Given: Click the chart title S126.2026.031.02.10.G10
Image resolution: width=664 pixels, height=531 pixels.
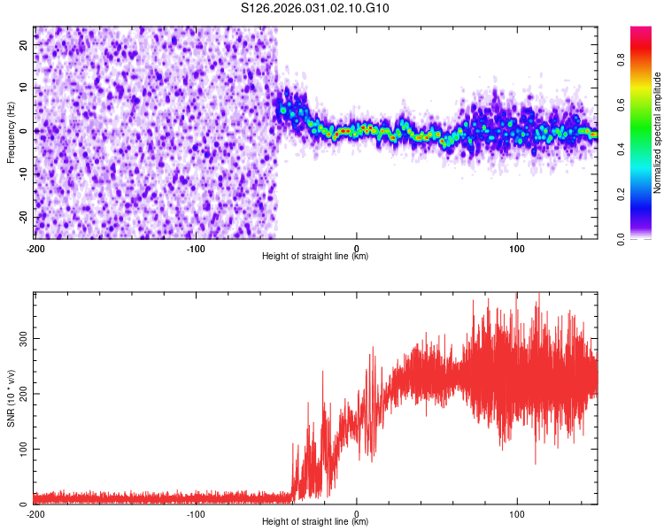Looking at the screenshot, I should [x=316, y=8].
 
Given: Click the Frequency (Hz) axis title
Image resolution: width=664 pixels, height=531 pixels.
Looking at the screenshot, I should [x=11, y=131].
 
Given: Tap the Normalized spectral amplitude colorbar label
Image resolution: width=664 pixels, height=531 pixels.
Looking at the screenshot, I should [x=658, y=133].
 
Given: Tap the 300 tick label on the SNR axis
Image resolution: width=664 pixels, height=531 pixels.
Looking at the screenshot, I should [x=23, y=338].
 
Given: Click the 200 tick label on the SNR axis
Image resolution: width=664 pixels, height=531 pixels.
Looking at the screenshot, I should [x=23, y=394].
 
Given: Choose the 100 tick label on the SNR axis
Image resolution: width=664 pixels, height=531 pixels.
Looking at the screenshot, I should [x=23, y=449].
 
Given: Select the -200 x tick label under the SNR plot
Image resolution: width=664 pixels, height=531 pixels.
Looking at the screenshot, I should [x=35, y=513].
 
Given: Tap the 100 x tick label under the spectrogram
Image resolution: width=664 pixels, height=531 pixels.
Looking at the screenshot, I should [x=518, y=247].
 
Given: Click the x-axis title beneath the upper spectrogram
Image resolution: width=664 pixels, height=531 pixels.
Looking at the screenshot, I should [x=315, y=257].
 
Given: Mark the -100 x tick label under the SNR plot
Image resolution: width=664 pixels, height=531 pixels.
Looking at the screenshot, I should [x=196, y=513].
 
